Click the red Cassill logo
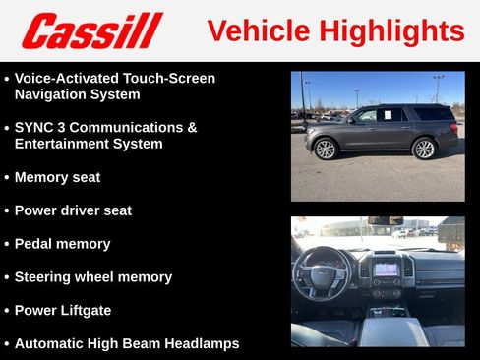90,30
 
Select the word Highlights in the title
395,31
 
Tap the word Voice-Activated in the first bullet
64,78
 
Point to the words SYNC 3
43,128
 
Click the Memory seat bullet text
57,177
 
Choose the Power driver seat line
73,210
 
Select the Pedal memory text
62,244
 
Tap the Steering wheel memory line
92,277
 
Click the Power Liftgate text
63,311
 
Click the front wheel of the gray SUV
326,149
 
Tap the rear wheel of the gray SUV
424,149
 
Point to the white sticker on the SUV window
387,115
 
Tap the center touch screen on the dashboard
386,269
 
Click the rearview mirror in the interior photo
385,221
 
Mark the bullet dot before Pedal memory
7,244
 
